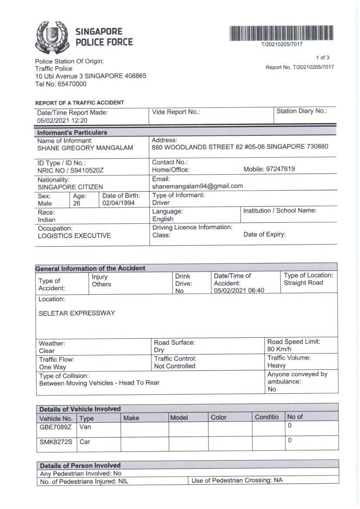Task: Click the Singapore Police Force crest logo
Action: tap(52, 37)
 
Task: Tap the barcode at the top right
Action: tap(282, 33)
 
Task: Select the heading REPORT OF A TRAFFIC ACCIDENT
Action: tap(80, 103)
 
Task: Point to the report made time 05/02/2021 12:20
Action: tap(62, 121)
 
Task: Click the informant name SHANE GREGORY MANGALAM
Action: tap(85, 148)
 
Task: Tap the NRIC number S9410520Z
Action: tap(89, 171)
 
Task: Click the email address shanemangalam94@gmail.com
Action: tap(197, 186)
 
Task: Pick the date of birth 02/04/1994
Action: tap(118, 203)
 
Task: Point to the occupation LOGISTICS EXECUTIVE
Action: tap(74, 236)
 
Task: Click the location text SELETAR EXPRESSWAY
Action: tap(77, 313)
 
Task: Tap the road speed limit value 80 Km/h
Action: tap(279, 349)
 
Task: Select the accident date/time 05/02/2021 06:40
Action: tap(239, 290)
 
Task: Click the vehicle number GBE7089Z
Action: tap(56, 427)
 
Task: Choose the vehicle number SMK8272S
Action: tap(56, 442)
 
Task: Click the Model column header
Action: tap(179, 418)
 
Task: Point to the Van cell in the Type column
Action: tap(85, 427)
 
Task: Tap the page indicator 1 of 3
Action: tap(323, 57)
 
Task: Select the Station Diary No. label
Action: tap(302, 111)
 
